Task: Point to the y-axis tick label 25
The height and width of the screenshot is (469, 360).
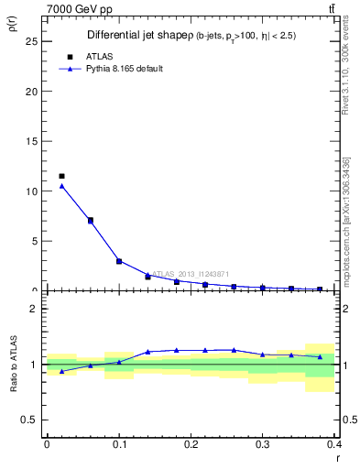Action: click(x=31, y=42)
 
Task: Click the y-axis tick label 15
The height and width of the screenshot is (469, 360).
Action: click(x=31, y=142)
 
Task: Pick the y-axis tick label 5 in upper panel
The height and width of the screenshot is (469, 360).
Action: click(x=34, y=242)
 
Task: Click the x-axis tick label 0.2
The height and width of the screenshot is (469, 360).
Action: click(x=191, y=444)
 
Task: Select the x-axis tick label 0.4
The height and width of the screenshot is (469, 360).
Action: click(x=333, y=444)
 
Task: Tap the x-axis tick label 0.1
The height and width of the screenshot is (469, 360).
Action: click(x=118, y=444)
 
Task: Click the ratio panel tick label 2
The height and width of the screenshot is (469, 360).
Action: click(x=34, y=309)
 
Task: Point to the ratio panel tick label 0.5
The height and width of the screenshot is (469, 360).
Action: click(x=29, y=420)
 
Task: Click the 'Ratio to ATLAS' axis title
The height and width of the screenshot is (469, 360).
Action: click(x=13, y=364)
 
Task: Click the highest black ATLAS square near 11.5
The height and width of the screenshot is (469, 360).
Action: click(x=61, y=176)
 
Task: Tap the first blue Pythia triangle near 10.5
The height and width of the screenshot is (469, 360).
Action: click(x=61, y=186)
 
